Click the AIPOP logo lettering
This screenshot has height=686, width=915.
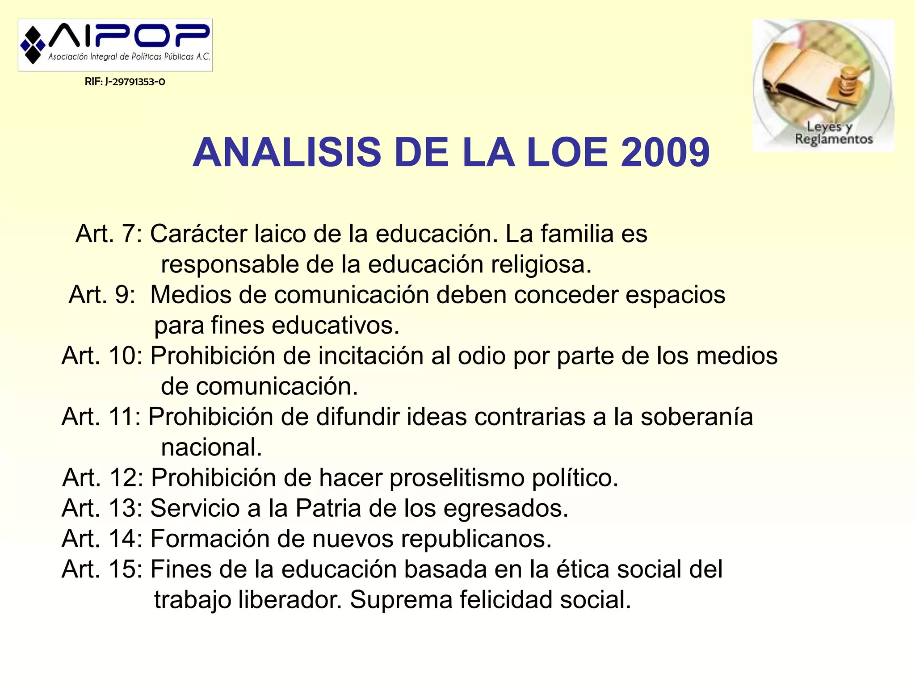tap(130, 36)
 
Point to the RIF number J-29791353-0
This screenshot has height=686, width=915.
tap(125, 82)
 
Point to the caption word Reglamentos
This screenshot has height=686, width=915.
tap(834, 139)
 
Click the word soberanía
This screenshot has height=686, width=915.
tap(697, 417)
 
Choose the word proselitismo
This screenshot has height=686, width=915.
tap(457, 478)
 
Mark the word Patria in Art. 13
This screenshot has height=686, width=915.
tap(328, 508)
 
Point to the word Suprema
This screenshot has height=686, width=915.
tap(401, 600)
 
